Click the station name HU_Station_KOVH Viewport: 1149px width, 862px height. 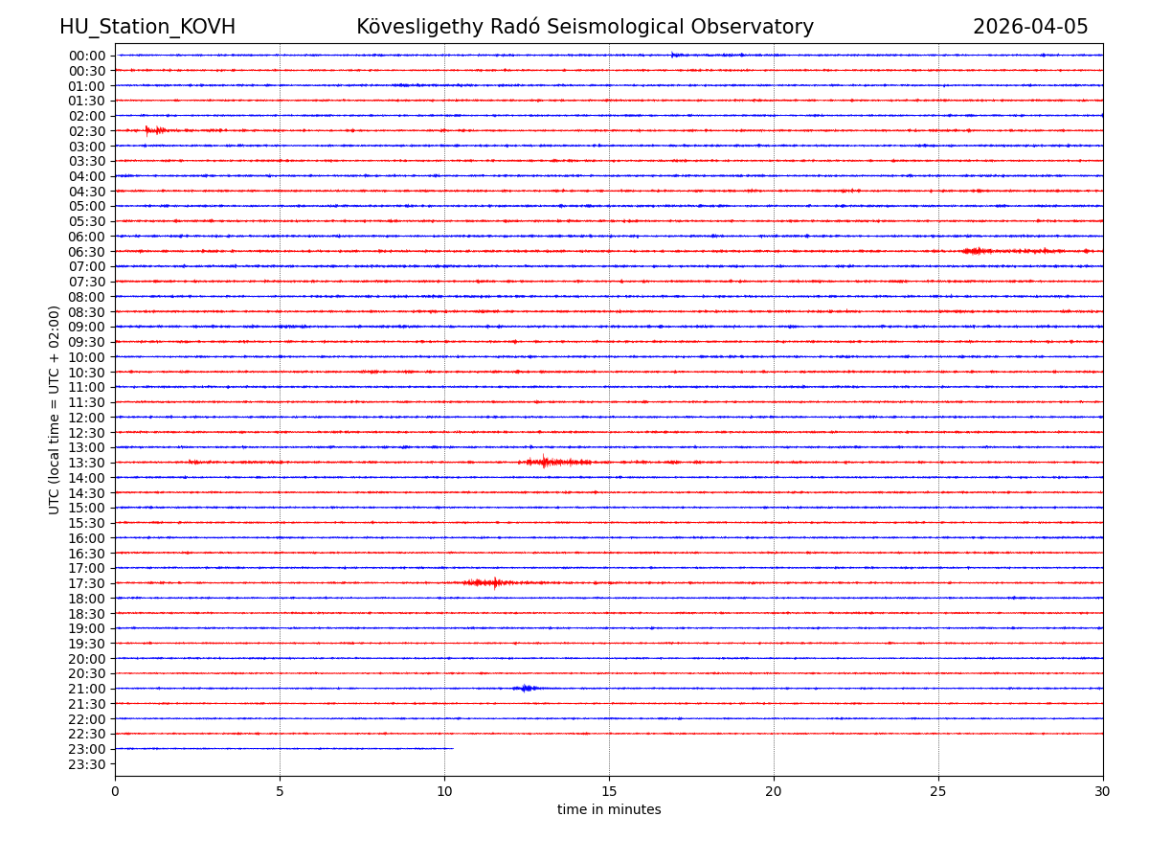[147, 27]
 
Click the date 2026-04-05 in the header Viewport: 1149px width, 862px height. [1030, 27]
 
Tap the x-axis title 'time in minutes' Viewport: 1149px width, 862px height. [609, 810]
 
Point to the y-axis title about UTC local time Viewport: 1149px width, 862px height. [55, 409]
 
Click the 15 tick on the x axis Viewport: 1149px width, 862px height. [609, 792]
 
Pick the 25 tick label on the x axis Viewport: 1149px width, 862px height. [938, 792]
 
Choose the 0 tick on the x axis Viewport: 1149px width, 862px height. [115, 792]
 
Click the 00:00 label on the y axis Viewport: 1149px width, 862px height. [87, 56]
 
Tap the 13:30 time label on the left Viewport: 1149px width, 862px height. [87, 463]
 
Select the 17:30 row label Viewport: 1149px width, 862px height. [87, 583]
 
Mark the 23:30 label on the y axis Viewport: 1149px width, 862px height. [87, 764]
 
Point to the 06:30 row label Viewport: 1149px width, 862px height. [87, 252]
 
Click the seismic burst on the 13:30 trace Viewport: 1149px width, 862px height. [546, 463]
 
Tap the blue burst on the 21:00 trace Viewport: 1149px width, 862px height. [525, 688]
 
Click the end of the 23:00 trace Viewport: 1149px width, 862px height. [453, 748]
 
